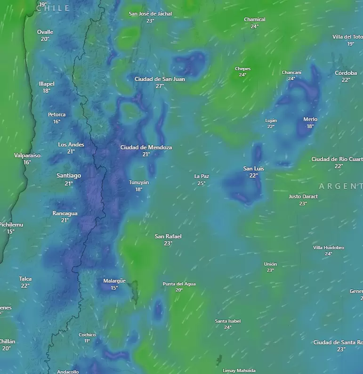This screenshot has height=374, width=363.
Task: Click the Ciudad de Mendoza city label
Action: tap(146, 147)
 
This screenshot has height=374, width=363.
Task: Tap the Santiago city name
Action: tap(69, 176)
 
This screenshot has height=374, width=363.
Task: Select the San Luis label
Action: tap(254, 169)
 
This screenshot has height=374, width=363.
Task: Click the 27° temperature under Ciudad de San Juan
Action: tap(160, 86)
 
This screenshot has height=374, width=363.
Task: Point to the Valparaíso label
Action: tap(27, 155)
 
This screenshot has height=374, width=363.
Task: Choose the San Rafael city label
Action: tap(168, 236)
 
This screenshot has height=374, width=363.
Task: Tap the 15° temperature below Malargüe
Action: tap(114, 288)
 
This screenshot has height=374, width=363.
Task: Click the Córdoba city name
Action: tap(346, 73)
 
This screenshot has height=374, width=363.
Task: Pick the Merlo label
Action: tap(310, 120)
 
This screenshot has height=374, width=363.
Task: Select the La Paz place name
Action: tap(202, 177)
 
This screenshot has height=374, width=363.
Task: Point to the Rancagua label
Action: tap(65, 213)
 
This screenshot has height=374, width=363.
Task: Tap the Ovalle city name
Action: tap(45, 32)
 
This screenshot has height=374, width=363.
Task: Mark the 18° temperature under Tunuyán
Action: tap(139, 189)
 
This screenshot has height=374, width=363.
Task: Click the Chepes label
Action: tap(243, 69)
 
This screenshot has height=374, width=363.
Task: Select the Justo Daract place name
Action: tap(303, 196)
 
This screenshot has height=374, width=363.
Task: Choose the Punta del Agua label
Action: tap(179, 284)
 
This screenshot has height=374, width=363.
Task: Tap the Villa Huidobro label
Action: tap(329, 248)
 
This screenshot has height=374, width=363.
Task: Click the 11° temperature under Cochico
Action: tap(87, 341)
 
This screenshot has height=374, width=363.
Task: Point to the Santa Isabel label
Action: tap(228, 321)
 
